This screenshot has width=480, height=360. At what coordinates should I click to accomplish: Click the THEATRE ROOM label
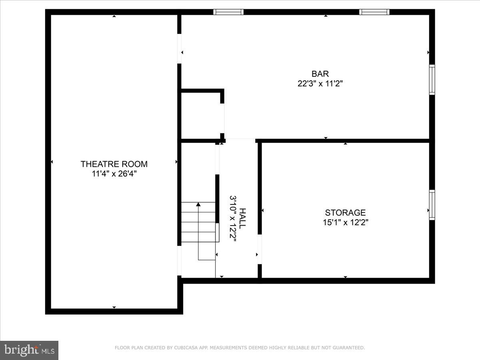(x=114, y=164)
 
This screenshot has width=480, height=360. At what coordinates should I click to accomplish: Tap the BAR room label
(x=320, y=74)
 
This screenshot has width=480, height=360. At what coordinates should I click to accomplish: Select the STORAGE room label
(x=345, y=213)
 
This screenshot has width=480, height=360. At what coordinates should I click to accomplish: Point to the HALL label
(x=243, y=218)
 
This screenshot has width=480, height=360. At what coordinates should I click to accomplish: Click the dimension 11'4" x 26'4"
(x=114, y=174)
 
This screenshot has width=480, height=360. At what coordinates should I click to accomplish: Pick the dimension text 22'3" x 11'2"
(x=320, y=84)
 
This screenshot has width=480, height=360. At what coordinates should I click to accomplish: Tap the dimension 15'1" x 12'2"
(x=345, y=222)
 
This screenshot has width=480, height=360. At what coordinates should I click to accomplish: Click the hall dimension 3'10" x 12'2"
(x=233, y=218)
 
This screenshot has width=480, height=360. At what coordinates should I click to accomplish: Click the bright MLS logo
(x=29, y=350)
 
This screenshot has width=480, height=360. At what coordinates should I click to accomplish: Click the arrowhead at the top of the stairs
(x=198, y=204)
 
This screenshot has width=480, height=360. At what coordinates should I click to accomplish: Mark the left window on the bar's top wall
(x=228, y=12)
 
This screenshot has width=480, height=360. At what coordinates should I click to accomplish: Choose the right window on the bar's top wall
(x=374, y=12)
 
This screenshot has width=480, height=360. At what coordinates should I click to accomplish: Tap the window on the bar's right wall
(x=432, y=80)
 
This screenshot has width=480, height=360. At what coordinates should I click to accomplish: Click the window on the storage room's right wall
(x=432, y=205)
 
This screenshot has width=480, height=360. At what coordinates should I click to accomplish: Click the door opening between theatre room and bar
(x=179, y=49)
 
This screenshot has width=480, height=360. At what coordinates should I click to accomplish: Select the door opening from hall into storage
(x=260, y=249)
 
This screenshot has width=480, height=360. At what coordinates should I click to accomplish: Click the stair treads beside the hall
(x=198, y=222)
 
